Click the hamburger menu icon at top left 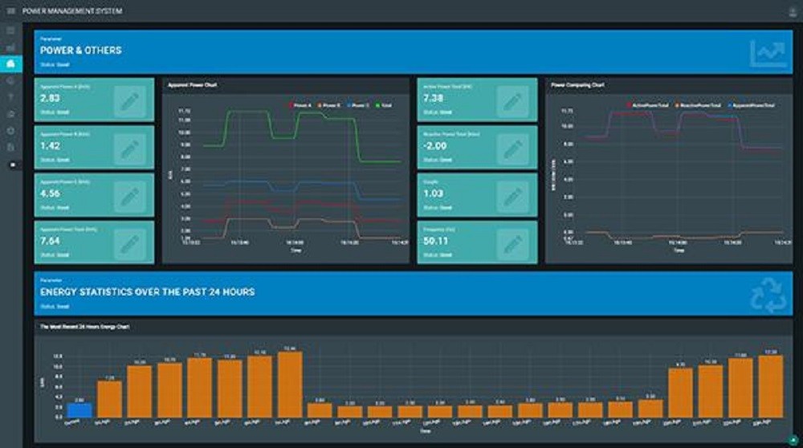click(x=10, y=10)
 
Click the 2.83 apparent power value click(x=50, y=98)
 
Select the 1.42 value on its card click(x=50, y=146)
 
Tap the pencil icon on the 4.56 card click(x=129, y=196)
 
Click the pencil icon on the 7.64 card click(x=129, y=243)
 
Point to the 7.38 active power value click(x=434, y=98)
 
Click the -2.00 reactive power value click(x=435, y=146)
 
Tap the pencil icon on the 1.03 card click(x=512, y=196)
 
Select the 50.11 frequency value click(x=436, y=241)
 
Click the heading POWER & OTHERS click(x=81, y=51)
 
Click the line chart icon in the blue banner click(x=768, y=54)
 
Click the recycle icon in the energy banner click(x=768, y=294)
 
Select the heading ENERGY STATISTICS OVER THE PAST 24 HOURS click(x=148, y=292)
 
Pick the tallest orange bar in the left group click(x=289, y=385)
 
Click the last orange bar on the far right click(x=770, y=386)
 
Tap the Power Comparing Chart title click(x=577, y=84)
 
